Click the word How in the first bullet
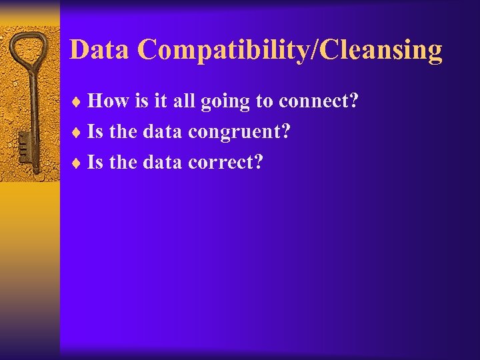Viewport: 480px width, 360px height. point(109,101)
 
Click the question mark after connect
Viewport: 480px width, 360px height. point(354,101)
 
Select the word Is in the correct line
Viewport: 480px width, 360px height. point(95,162)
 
